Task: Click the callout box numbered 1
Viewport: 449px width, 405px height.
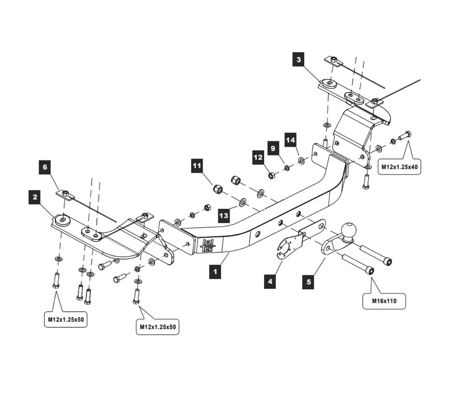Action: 215,272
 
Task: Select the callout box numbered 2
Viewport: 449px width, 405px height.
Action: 35,197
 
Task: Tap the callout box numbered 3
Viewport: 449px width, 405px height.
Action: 299,60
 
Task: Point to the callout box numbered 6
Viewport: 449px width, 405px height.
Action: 45,167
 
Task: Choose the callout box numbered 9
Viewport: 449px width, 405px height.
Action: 273,148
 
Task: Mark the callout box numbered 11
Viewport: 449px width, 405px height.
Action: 197,166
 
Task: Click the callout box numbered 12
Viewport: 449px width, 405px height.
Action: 258,157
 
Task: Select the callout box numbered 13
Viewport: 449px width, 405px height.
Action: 224,216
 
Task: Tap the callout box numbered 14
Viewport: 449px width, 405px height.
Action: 290,140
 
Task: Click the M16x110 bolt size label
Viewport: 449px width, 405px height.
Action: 384,301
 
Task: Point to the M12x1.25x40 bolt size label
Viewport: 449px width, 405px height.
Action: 399,167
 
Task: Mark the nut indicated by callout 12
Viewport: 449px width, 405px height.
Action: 271,175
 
